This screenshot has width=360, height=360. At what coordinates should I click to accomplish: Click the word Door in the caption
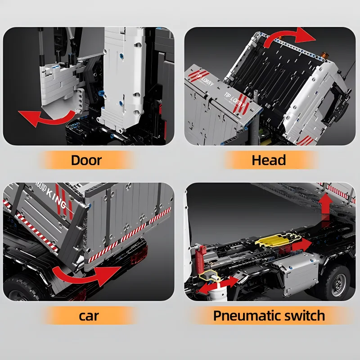(x=86, y=160)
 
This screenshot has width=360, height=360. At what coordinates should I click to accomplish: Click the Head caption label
(x=269, y=160)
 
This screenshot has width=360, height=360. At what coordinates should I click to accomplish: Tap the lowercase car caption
(x=89, y=316)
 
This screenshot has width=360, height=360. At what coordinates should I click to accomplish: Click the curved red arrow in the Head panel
(x=290, y=37)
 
